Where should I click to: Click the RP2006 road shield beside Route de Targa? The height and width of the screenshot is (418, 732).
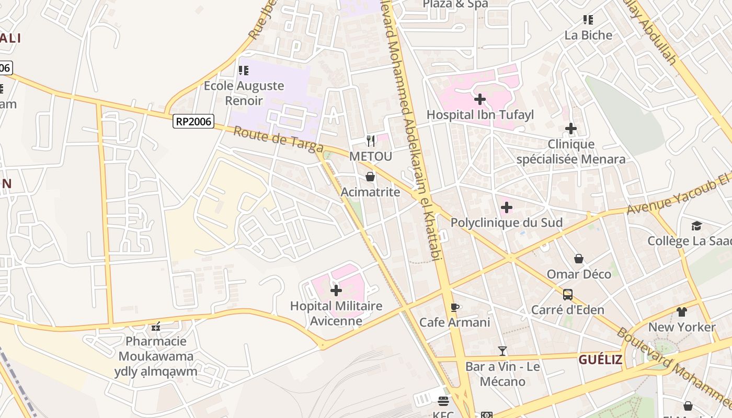point(193,122)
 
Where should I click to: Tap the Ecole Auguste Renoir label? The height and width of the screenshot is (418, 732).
point(244,92)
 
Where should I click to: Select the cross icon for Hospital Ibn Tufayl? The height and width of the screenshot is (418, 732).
point(479,99)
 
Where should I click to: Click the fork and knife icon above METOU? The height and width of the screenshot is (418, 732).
point(371,140)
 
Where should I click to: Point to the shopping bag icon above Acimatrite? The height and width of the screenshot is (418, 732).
point(370,177)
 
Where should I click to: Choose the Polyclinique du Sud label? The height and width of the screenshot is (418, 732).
point(506,223)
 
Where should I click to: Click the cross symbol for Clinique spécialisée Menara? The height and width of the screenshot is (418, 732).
point(570,128)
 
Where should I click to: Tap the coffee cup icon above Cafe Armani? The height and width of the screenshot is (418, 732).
point(454,307)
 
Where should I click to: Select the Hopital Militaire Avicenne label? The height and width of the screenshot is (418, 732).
point(336,313)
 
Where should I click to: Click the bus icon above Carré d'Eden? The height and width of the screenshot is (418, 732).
point(568,295)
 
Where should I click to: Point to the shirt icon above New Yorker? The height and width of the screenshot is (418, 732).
point(681,312)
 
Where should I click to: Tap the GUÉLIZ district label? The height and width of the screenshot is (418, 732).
point(600,359)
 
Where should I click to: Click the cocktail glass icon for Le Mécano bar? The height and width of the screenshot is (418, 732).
point(502,351)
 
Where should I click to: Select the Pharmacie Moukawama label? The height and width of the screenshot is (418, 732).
point(156,349)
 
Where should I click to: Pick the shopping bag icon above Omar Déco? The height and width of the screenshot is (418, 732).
point(579,259)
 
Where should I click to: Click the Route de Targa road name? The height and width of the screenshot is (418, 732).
point(278,140)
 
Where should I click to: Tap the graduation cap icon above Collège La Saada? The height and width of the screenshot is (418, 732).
point(696,226)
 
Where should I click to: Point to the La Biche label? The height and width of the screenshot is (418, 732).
point(588,35)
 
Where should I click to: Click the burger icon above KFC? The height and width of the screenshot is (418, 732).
point(443,401)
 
